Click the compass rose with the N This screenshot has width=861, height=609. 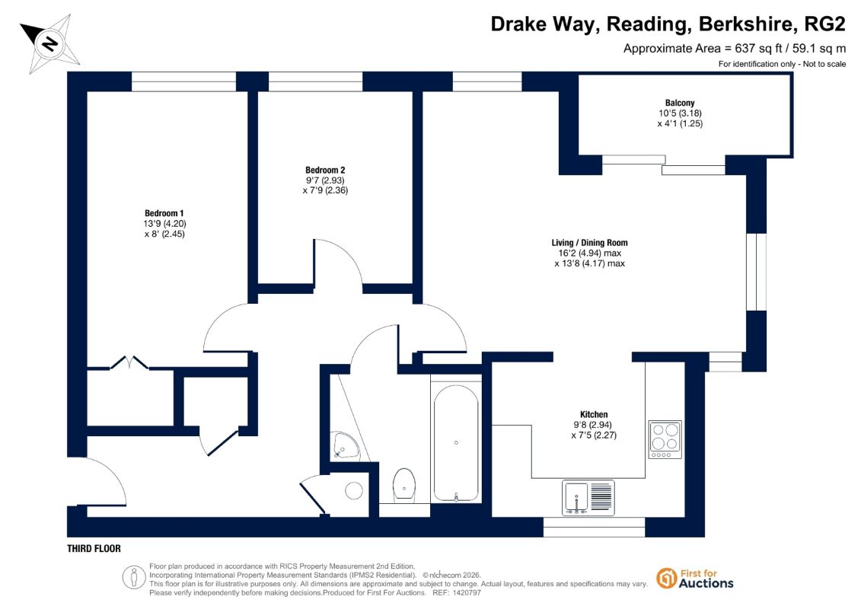[50, 43]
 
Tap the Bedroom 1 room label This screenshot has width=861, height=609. [164, 213]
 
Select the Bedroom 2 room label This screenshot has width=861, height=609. [325, 171]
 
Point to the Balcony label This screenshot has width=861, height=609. [680, 103]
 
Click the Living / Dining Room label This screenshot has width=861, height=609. [590, 243]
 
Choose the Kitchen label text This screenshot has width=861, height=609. [594, 415]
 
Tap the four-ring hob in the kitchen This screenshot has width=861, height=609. [665, 439]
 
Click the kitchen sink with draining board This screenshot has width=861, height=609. [588, 498]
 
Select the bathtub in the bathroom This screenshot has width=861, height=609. [456, 442]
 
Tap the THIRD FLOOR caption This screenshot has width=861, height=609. [94, 549]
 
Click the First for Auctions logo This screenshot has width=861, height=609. [695, 579]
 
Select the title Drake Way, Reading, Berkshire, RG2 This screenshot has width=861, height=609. [668, 24]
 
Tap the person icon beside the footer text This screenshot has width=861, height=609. [133, 578]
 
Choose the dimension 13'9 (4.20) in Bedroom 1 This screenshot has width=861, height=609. [164, 224]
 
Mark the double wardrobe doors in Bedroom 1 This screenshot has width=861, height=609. [129, 362]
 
